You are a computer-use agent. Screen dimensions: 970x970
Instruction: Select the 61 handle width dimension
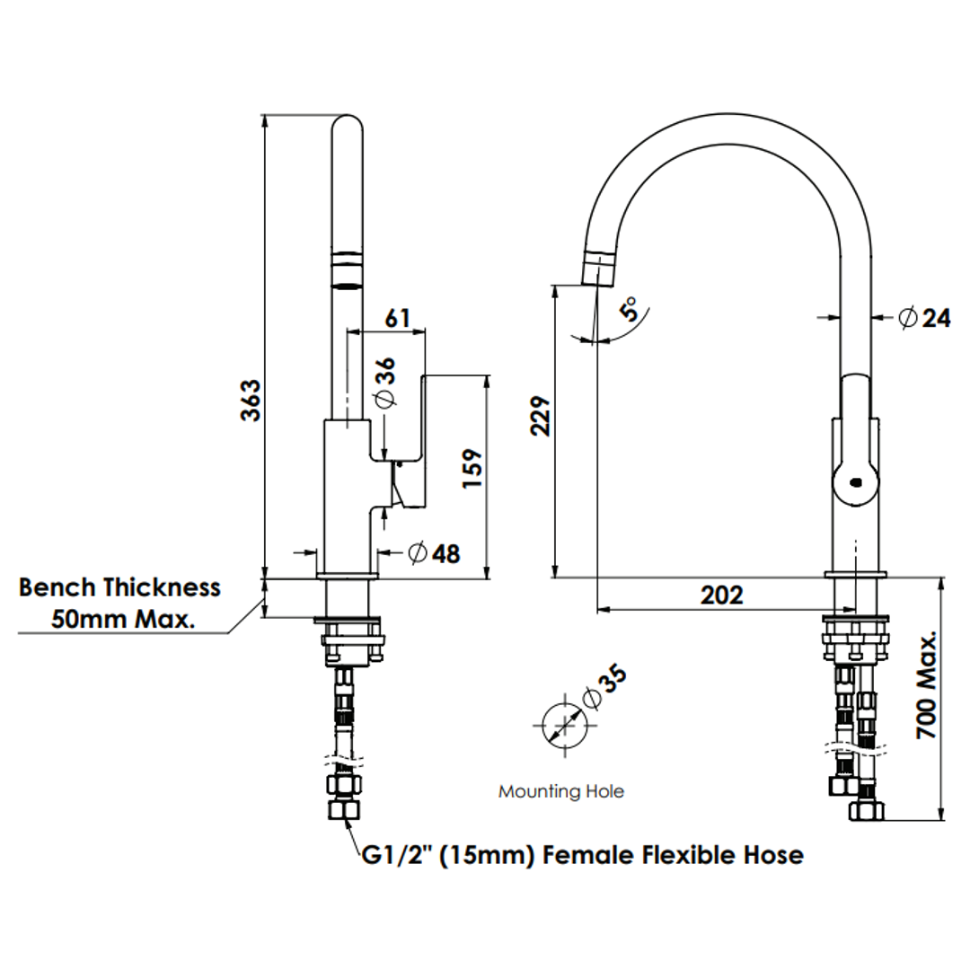397,318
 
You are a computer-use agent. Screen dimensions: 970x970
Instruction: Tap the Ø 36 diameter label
384,383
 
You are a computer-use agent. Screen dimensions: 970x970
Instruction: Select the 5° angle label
632,311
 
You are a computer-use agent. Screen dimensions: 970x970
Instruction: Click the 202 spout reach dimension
721,595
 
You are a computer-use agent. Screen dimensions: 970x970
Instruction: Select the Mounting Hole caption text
561,791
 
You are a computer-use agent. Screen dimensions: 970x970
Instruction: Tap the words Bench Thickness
119,587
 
